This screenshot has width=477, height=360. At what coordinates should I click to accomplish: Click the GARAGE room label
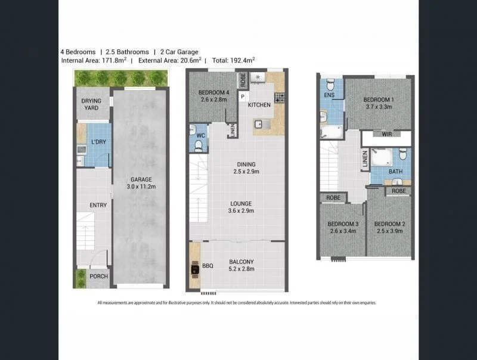pos(141,179)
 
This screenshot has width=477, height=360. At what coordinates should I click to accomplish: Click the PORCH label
pos(98,277)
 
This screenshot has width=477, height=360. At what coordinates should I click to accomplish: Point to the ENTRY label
pos(98,205)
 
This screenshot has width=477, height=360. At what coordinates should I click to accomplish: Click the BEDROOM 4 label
pos(213,92)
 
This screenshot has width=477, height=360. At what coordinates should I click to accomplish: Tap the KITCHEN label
pos(259,105)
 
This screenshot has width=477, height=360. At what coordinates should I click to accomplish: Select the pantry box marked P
pos(243,97)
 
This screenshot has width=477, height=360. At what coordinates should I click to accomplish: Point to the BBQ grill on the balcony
pos(195,269)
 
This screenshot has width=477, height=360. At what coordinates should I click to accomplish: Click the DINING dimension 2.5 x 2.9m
pos(246,172)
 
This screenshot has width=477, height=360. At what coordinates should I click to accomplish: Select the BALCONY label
pos(241,262)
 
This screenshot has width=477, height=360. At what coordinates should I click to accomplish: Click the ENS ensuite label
pos(329,95)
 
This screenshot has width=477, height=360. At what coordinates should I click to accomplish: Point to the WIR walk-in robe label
pos(386,134)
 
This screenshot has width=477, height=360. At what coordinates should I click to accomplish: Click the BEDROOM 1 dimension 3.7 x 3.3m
pos(379,107)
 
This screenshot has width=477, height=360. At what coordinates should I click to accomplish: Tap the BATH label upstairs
pos(396,172)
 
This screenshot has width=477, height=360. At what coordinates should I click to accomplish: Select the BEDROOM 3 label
pos(342,224)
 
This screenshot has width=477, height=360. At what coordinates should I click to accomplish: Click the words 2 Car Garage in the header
pos(179,52)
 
